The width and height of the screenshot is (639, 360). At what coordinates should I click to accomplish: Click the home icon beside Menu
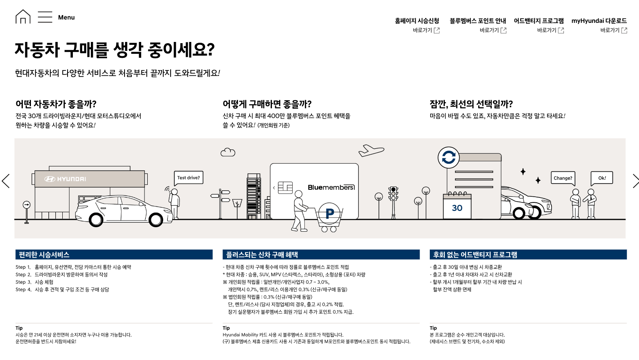23,17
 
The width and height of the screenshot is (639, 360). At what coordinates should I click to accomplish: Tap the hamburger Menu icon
45,17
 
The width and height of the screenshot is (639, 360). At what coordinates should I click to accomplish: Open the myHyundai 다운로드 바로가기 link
613,30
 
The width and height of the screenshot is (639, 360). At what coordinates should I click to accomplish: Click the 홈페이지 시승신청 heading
417,21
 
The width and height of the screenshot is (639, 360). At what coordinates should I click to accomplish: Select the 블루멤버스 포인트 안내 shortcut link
492,30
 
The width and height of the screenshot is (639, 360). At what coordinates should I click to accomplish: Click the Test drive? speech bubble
188,178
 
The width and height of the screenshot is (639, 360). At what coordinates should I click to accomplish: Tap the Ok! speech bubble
602,178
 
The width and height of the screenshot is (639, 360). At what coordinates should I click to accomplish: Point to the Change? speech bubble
563,178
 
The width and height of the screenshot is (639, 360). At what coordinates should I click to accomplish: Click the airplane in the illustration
371,150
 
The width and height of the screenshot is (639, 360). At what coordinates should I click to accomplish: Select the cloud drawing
228,152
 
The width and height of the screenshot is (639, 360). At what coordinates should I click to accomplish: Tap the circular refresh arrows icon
449,157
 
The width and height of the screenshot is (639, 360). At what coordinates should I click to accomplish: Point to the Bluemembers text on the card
331,187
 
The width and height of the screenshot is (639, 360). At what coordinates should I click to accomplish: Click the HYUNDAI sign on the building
65,179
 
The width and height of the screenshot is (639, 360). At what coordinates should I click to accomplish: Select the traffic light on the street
393,194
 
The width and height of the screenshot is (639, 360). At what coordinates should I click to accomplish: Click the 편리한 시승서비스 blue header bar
114,255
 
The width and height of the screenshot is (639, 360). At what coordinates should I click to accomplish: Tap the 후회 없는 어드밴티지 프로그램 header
528,255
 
